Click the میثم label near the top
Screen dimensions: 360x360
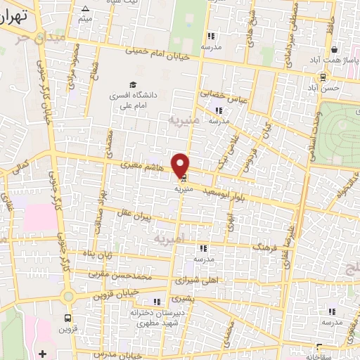click(x=85, y=18)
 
